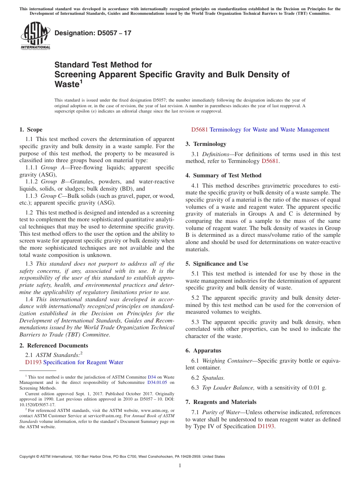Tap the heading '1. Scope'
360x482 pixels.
[x=31, y=130]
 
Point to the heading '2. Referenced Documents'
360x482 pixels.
[x=54, y=346]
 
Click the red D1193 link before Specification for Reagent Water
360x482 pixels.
[x=33, y=362]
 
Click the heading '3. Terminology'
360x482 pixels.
[x=206, y=144]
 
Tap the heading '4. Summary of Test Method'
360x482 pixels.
[x=224, y=175]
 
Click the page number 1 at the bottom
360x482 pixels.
[x=180, y=466]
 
